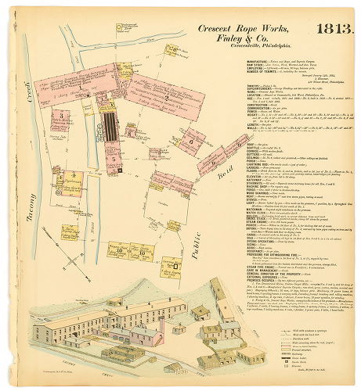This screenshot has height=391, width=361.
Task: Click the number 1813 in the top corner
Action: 333,28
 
